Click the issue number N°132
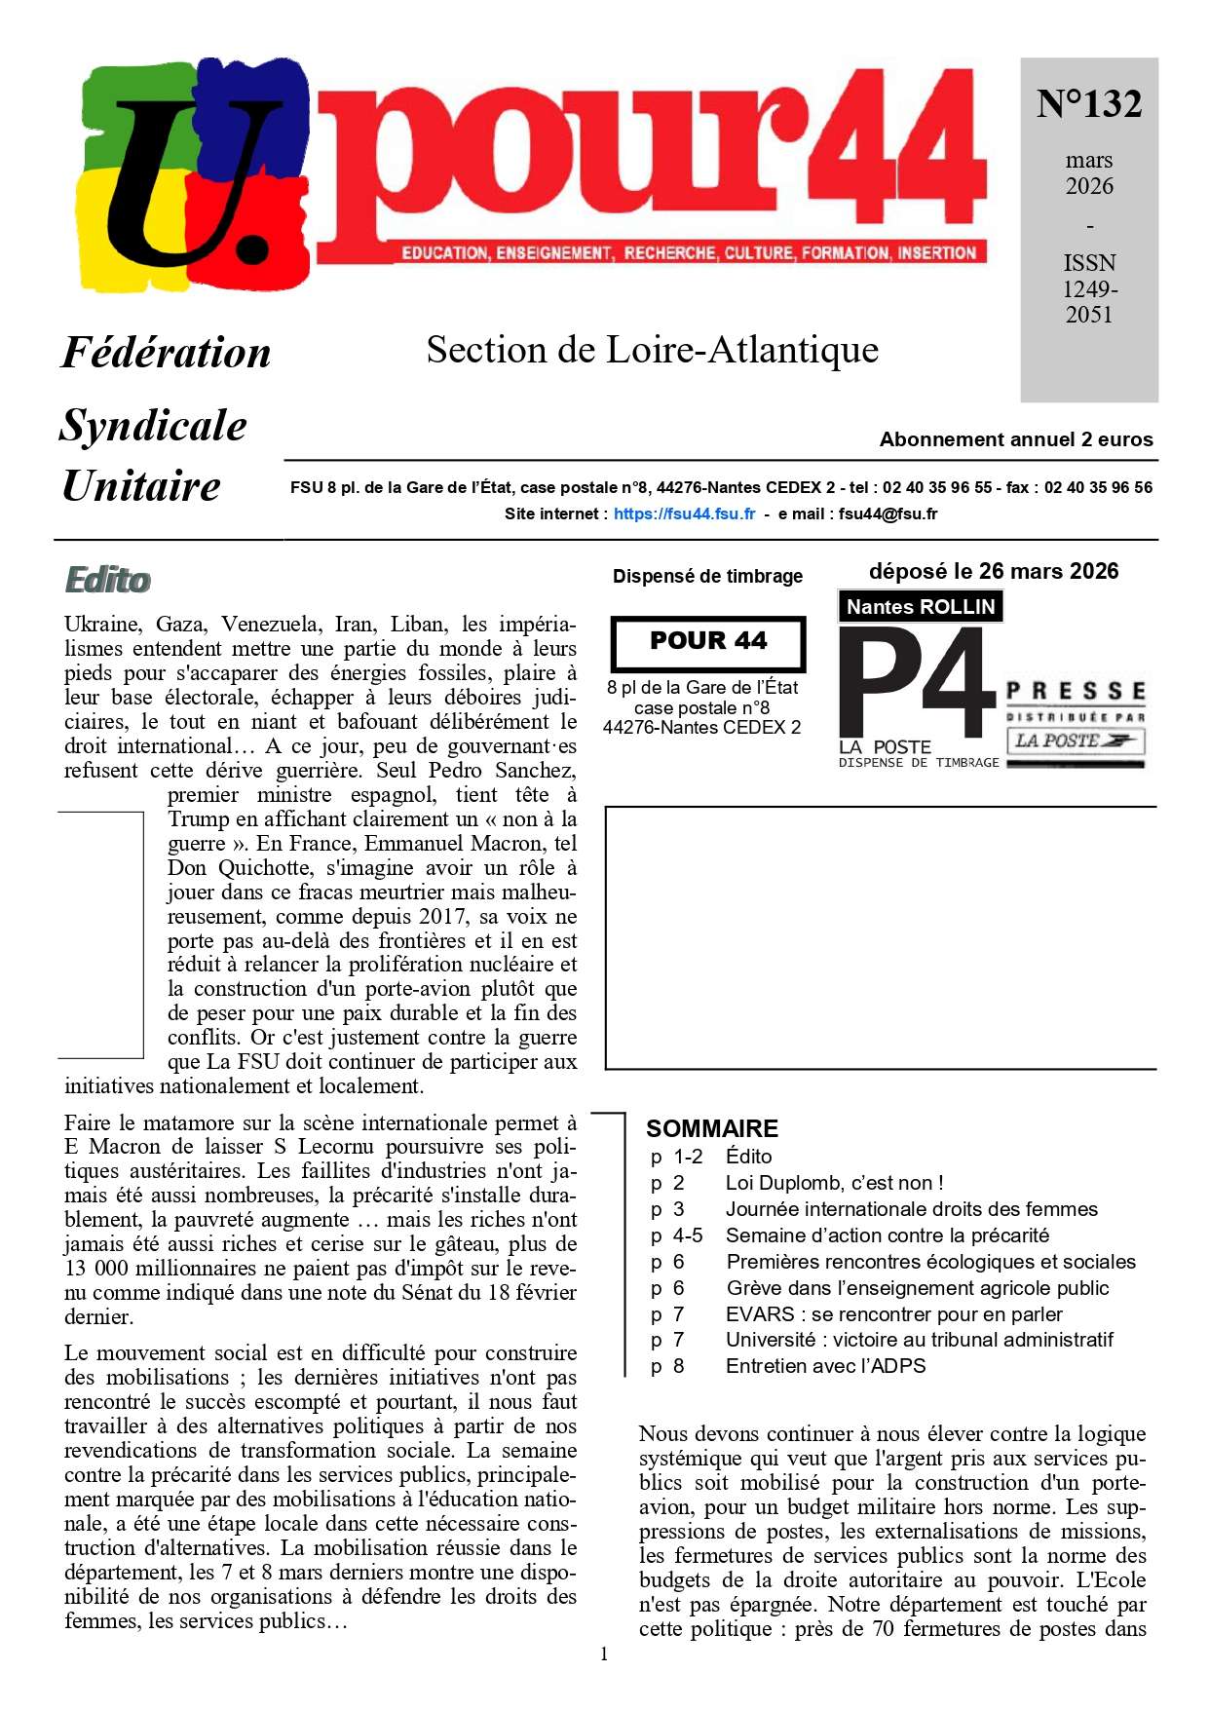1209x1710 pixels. coord(1088,104)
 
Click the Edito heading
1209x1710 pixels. coord(107,580)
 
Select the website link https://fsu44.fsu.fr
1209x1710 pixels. coord(684,513)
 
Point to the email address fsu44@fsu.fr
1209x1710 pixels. coord(888,513)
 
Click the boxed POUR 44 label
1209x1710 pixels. coord(708,641)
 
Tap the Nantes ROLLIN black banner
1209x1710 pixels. coord(920,606)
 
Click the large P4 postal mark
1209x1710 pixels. coord(916,682)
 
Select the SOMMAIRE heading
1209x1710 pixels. coord(712,1128)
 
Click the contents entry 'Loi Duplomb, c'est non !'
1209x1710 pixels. coord(834,1183)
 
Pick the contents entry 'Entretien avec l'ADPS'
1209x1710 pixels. coord(825,1366)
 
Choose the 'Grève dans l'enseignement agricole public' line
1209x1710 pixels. coord(918,1288)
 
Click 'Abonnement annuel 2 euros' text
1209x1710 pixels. coord(1015,439)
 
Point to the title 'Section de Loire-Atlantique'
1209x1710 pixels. coord(653,350)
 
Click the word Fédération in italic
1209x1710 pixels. coord(167,353)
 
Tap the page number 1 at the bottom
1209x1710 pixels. coord(604,1653)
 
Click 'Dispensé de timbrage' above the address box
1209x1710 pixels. coord(707,576)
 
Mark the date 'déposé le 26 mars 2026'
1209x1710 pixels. coord(993,571)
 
